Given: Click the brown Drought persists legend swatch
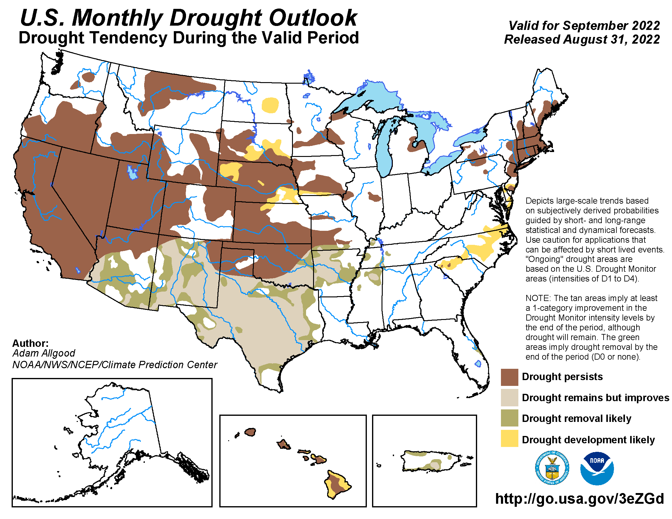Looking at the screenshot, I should (x=509, y=377).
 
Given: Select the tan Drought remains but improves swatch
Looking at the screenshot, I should (x=509, y=397).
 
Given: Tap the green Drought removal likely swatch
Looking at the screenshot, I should (x=509, y=418).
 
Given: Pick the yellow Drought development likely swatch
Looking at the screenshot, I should (x=509, y=439).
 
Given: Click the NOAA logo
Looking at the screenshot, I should (x=597, y=468).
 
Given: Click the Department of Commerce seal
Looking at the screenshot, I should (x=552, y=468).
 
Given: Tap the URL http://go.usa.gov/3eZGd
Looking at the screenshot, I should (x=579, y=499).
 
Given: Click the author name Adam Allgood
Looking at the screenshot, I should (x=44, y=353).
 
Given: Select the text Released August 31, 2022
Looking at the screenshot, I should (x=582, y=40).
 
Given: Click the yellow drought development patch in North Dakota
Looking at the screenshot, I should (x=270, y=105).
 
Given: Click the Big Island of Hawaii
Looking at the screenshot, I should (x=337, y=484).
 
